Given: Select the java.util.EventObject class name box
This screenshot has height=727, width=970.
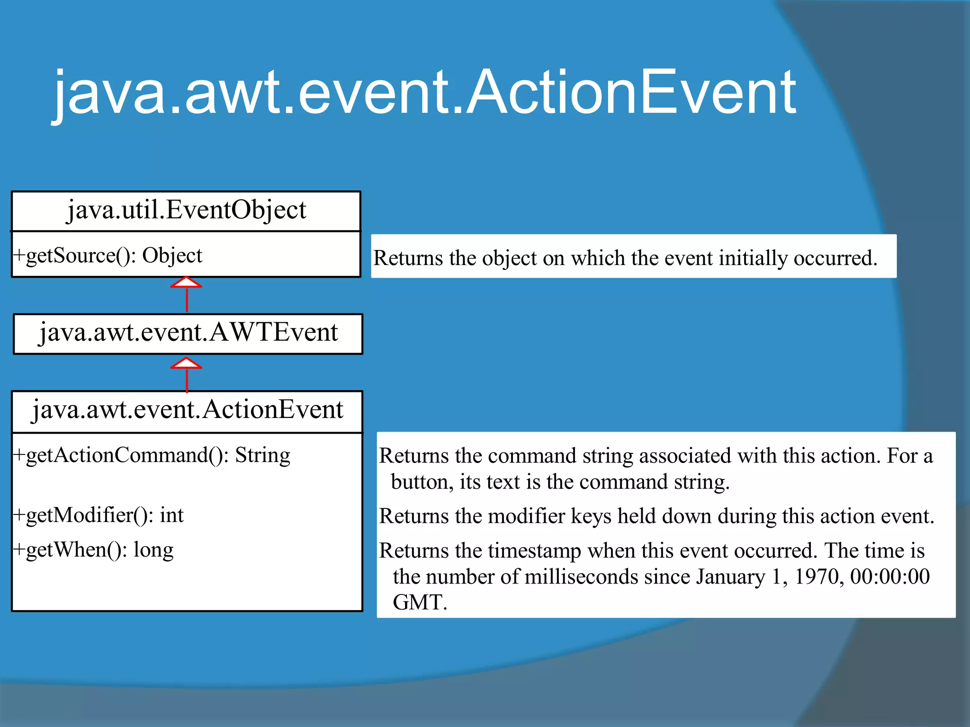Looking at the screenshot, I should click(x=186, y=210).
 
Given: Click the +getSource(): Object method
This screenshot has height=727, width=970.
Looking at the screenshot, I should click(x=108, y=256).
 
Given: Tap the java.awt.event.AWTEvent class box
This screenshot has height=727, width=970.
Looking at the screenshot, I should click(x=188, y=333).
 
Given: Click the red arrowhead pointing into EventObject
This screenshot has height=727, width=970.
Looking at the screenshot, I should click(x=186, y=283).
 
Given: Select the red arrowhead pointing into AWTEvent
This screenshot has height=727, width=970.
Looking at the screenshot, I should click(x=186, y=363).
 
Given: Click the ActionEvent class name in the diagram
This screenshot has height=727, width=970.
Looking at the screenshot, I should click(x=187, y=410).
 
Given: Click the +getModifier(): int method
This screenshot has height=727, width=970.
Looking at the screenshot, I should click(x=99, y=515).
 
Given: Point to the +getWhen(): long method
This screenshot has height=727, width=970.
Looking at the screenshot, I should click(x=94, y=550).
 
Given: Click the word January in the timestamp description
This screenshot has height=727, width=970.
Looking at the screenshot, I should click(x=730, y=577).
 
